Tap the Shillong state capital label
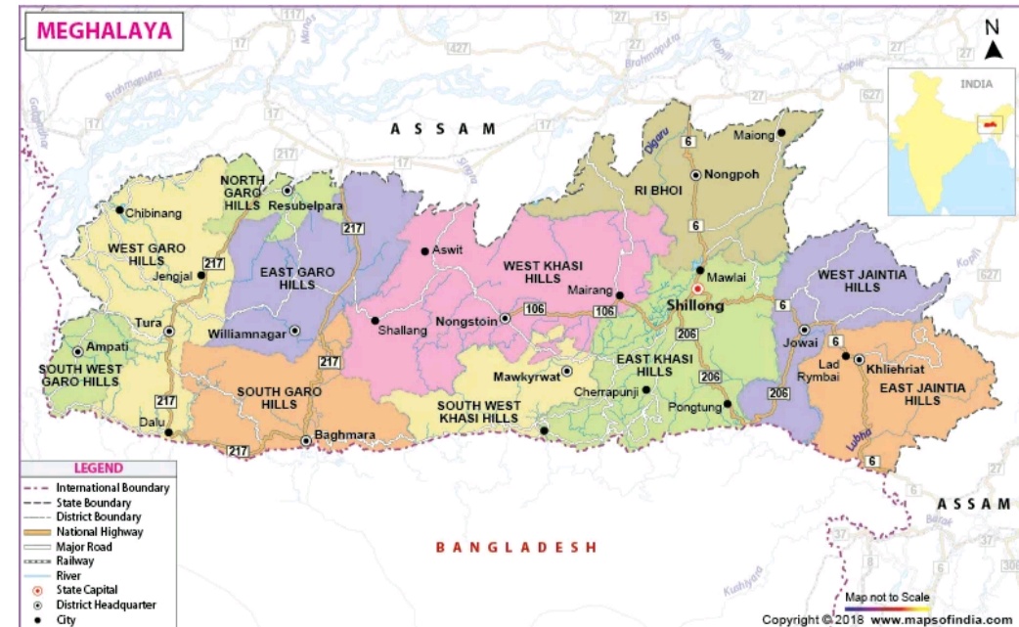[x=694, y=306]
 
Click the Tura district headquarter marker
[x=169, y=332]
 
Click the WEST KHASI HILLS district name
[x=537, y=272]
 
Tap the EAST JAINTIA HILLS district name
[x=922, y=394]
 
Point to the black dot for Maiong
[x=781, y=133]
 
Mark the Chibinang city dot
[x=119, y=209]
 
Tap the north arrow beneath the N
[x=993, y=50]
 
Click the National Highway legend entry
[x=98, y=531]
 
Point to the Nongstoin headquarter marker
[x=505, y=318]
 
